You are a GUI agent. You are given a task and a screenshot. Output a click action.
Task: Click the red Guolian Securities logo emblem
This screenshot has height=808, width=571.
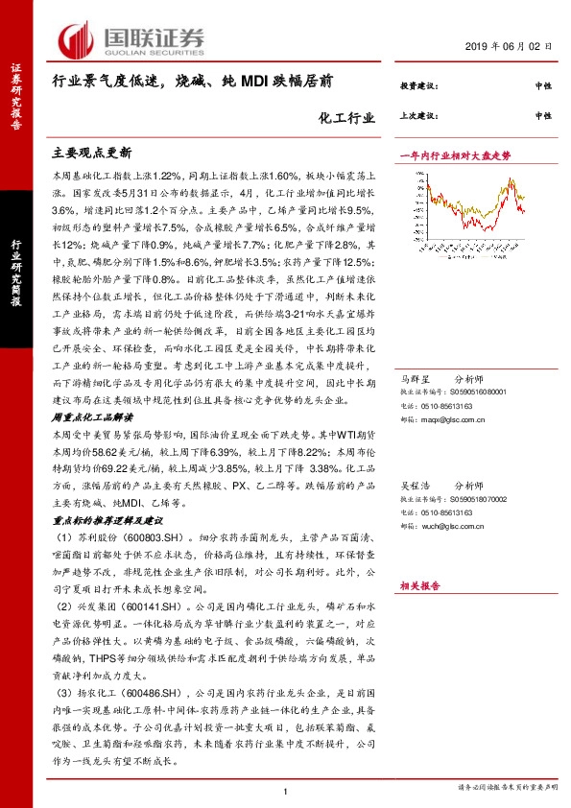[x=78, y=38]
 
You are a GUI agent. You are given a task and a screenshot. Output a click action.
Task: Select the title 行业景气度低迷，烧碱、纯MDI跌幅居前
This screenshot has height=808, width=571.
[x=193, y=83]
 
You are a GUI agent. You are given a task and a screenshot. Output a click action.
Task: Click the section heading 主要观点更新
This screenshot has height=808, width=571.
[x=91, y=153]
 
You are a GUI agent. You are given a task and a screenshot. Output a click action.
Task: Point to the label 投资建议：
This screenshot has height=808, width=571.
[x=418, y=85]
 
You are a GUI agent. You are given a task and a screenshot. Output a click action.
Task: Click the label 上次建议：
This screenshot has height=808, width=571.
[x=418, y=115]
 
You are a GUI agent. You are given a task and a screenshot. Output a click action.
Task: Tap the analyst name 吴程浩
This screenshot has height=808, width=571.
[x=413, y=487]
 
